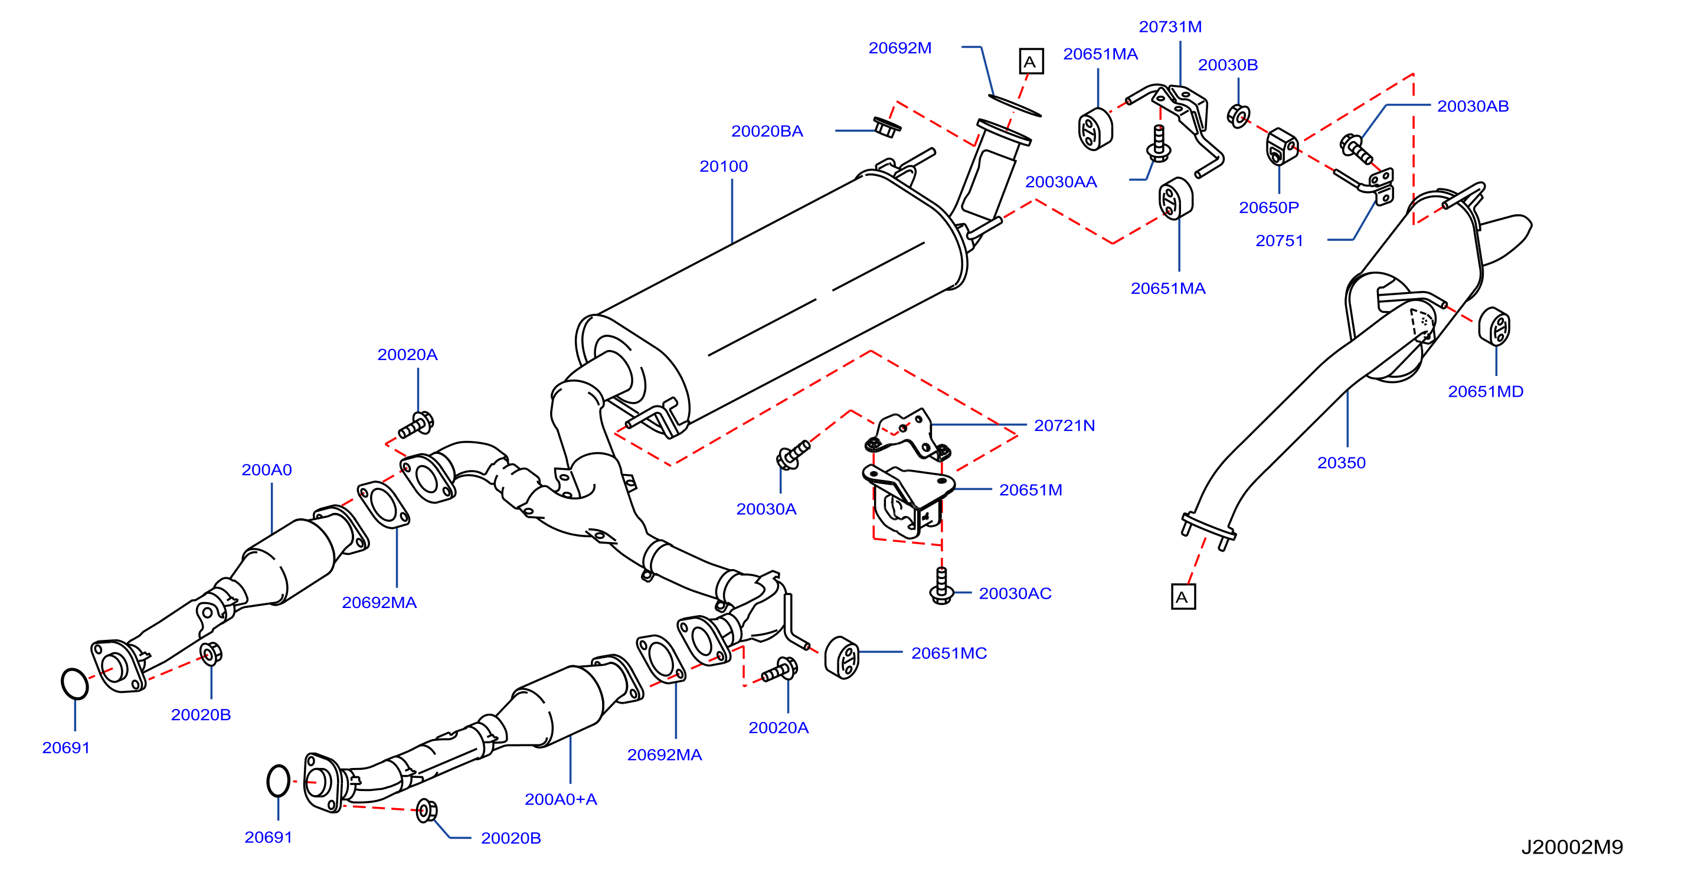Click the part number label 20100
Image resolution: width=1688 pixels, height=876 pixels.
pyautogui.click(x=724, y=166)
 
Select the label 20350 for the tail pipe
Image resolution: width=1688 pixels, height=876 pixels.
pyautogui.click(x=1342, y=463)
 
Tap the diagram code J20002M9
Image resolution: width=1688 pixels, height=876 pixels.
pyautogui.click(x=1572, y=847)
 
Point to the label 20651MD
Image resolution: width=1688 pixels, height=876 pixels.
pyautogui.click(x=1486, y=391)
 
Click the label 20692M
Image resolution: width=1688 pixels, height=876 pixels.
pyautogui.click(x=899, y=48)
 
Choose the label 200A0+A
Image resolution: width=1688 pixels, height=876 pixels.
pyautogui.click(x=561, y=799)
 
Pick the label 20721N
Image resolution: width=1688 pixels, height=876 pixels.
pyautogui.click(x=1064, y=425)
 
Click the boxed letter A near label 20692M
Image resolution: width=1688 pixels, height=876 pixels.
pyautogui.click(x=1031, y=61)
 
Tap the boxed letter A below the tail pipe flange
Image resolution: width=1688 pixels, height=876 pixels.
pyautogui.click(x=1183, y=597)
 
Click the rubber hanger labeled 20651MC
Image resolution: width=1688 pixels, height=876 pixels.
pyautogui.click(x=842, y=657)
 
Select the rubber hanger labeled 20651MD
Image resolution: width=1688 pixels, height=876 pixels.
pyautogui.click(x=1494, y=326)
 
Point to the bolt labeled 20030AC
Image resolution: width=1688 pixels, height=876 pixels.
pyautogui.click(x=941, y=587)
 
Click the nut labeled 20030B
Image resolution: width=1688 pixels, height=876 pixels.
pyautogui.click(x=1238, y=116)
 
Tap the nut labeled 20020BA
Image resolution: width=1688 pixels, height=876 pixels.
pyautogui.click(x=886, y=126)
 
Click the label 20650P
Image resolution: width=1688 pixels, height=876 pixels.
pyautogui.click(x=1268, y=208)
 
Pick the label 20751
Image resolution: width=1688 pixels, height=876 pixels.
pyautogui.click(x=1279, y=240)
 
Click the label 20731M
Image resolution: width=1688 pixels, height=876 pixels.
pyautogui.click(x=1170, y=27)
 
